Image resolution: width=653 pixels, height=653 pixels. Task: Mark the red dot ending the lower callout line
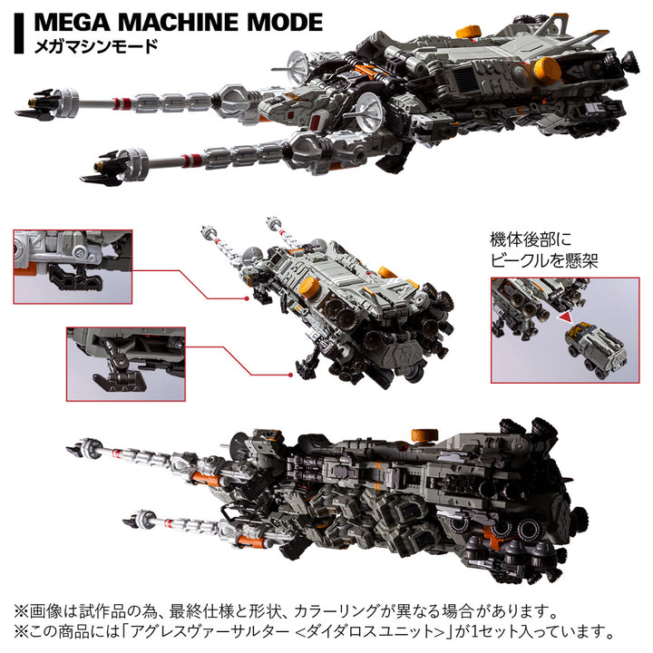(294, 372)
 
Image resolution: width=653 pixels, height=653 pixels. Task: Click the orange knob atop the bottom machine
(419, 433)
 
